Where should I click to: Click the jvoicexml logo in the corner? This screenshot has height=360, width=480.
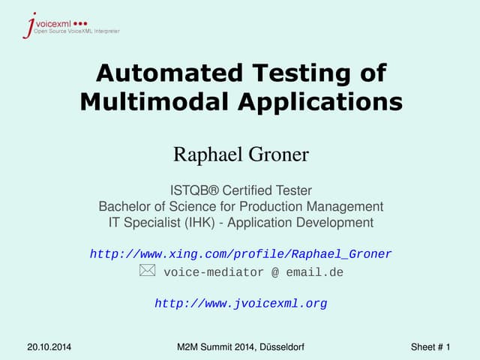70,25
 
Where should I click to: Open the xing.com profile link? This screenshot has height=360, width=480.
241,254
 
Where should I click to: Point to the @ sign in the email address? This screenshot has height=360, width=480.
276,272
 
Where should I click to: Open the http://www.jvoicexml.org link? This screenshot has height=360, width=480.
241,304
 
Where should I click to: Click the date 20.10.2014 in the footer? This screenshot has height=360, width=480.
49,346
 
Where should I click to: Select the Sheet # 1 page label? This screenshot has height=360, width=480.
430,346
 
